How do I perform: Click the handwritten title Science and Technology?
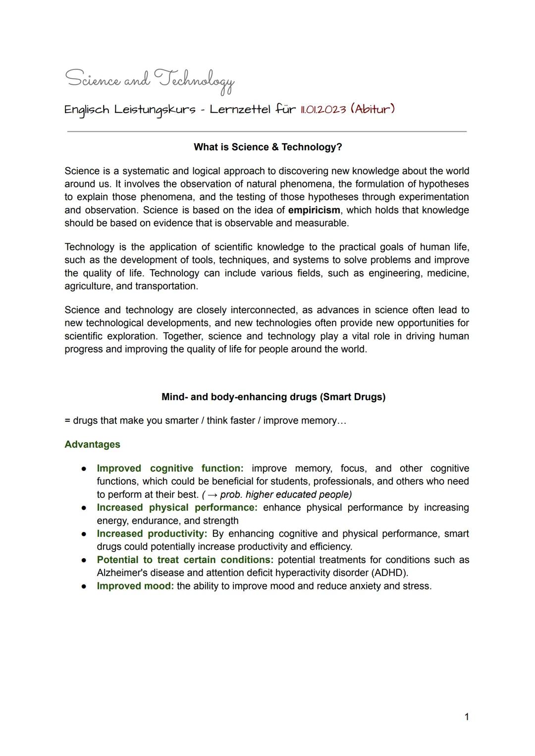150,80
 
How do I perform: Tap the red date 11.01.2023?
322,109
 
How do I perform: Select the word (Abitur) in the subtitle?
373,109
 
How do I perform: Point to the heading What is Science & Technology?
267,147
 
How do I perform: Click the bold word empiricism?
314,210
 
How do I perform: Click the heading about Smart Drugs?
273,397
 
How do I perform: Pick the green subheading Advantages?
92,444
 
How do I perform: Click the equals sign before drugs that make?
67,421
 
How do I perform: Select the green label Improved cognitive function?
170,468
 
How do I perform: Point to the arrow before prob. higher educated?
213,495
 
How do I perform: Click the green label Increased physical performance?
177,508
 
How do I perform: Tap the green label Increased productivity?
152,534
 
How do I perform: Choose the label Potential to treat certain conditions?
185,560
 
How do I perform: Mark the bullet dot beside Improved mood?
85,586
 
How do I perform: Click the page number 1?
466,717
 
